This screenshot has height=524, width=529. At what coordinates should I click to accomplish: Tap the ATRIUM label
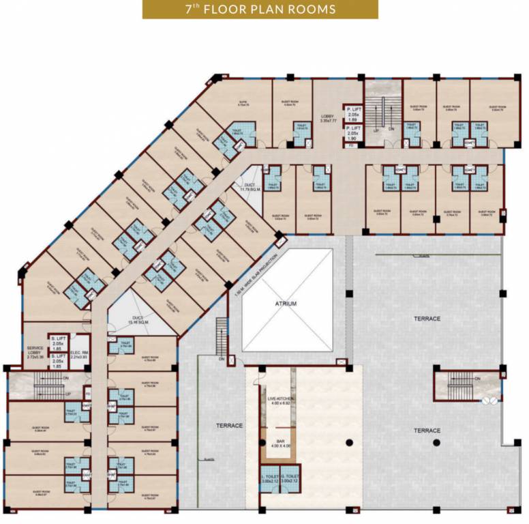tap(286, 304)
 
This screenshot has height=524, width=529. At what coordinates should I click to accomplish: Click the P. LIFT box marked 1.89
tap(353, 113)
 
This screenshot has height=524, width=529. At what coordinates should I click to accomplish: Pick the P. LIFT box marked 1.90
tap(353, 132)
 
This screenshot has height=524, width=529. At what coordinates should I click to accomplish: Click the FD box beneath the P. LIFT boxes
tap(350, 145)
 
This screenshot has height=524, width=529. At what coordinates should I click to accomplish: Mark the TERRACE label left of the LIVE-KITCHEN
tap(230, 426)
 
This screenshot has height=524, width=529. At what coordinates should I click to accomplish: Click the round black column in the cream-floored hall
tap(350, 442)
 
